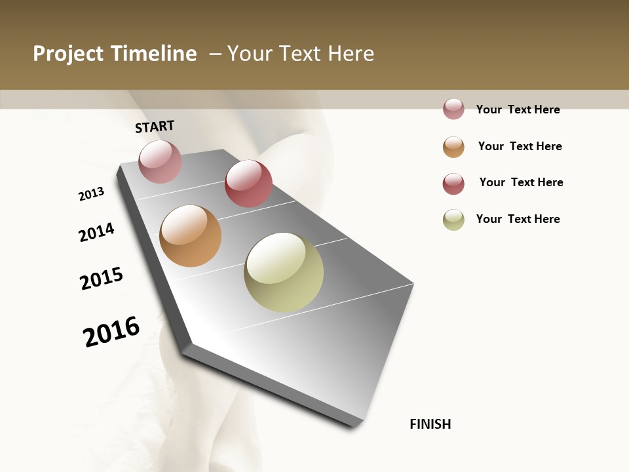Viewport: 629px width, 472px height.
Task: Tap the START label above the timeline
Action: click(155, 127)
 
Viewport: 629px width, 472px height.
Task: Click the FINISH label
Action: click(430, 424)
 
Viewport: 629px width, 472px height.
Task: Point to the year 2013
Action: click(91, 194)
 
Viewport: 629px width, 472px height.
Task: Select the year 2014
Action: click(96, 232)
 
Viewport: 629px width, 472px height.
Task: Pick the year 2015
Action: click(102, 279)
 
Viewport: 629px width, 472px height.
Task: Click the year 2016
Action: click(111, 331)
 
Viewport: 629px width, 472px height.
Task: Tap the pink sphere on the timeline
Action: click(160, 161)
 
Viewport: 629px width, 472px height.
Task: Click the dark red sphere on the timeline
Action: click(248, 184)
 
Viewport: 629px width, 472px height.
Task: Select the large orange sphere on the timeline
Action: click(190, 236)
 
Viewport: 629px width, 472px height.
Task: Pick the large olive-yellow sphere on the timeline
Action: click(284, 272)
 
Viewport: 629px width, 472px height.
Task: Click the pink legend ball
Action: click(453, 109)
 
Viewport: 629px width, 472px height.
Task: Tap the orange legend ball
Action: click(453, 147)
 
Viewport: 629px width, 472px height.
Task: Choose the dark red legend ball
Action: click(453, 184)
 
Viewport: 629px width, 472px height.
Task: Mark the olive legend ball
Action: click(453, 220)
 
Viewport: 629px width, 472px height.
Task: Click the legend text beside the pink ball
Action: click(518, 109)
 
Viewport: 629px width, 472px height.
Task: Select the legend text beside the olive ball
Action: click(518, 219)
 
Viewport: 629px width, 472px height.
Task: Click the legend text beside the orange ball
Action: click(520, 146)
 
